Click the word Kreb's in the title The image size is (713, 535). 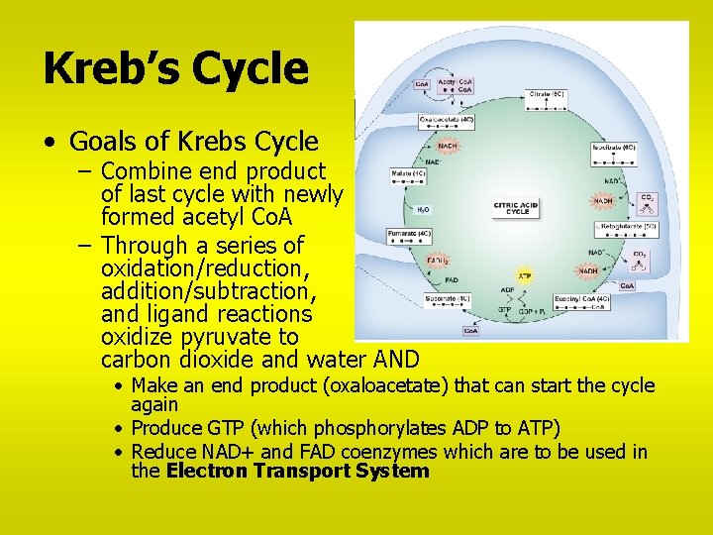(x=110, y=68)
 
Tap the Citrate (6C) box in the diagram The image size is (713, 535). (x=554, y=94)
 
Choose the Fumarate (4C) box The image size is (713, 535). (x=411, y=234)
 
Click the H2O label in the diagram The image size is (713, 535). (x=423, y=210)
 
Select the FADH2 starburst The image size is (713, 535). (x=437, y=261)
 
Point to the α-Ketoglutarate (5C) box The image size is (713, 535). (x=625, y=226)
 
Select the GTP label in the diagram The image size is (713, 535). (x=504, y=309)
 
